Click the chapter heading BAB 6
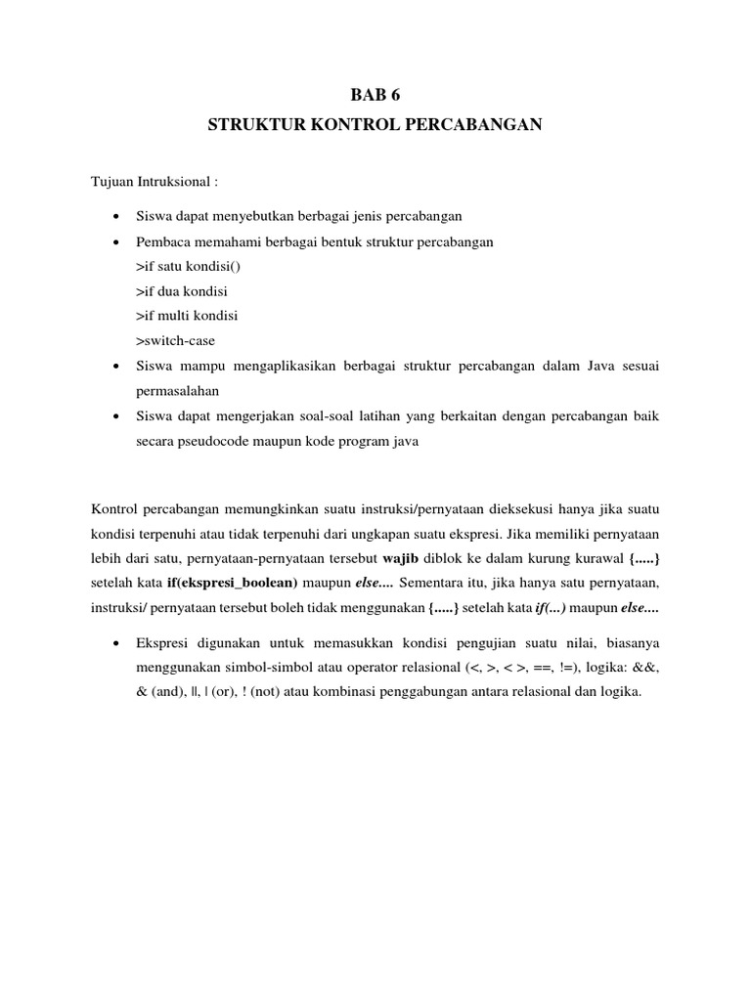pyautogui.click(x=375, y=96)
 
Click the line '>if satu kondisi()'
pyautogui.click(x=184, y=266)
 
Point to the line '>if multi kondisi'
pyautogui.click(x=187, y=316)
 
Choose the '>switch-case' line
pyautogui.click(x=175, y=341)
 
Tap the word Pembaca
pyautogui.click(x=162, y=240)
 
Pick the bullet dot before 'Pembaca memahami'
pyautogui.click(x=116, y=241)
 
